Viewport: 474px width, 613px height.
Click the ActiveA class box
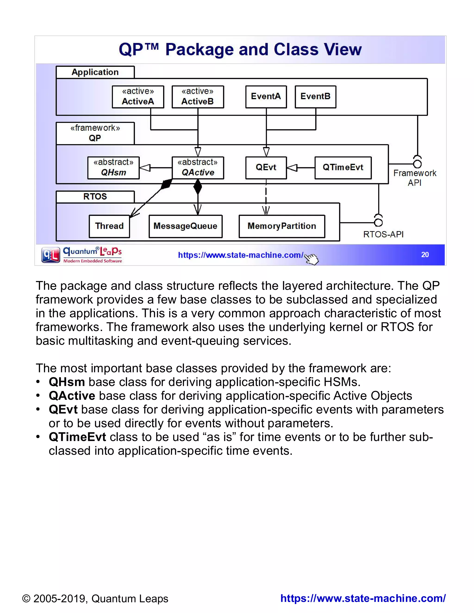138,97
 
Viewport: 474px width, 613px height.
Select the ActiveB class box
198,97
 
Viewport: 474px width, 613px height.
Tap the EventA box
266,97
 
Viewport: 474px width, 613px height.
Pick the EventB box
315,97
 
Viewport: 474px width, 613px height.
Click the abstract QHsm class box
113,168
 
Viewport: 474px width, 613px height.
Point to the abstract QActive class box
198,168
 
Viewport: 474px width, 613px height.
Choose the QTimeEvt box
343,168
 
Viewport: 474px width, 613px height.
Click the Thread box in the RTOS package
109,226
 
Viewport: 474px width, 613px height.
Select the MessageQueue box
185,226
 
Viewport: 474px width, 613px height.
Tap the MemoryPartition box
282,226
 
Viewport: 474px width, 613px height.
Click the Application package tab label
95,72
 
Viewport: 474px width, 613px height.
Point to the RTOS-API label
383,234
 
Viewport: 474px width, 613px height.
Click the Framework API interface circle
418,164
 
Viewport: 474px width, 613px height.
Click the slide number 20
425,255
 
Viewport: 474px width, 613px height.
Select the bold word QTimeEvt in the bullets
77,437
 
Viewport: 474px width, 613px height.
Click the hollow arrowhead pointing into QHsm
145,168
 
